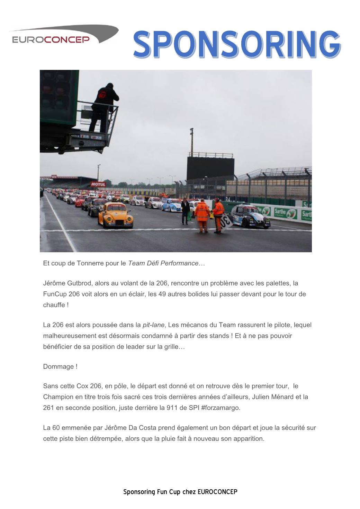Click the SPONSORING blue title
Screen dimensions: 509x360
tap(237, 44)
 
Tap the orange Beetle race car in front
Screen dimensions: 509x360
tap(115, 216)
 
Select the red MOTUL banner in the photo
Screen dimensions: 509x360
tap(98, 184)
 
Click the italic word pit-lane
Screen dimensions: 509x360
tap(153, 325)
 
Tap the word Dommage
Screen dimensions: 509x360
tap(58, 367)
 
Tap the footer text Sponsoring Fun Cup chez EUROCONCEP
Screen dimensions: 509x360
tap(180, 492)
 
